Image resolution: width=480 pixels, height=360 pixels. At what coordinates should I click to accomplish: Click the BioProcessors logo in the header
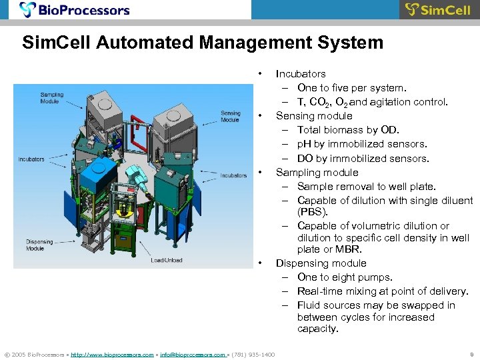point(75,10)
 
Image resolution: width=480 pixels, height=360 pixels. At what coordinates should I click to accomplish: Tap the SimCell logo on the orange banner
point(439,10)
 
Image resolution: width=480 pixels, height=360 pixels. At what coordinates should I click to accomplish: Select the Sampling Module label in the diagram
point(51,97)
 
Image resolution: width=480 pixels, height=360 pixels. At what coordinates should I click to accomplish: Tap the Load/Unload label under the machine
point(166,260)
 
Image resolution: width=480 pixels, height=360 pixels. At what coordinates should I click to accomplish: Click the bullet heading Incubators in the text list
point(301,74)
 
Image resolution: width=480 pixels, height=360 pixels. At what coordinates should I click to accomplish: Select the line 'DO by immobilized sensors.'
point(363,159)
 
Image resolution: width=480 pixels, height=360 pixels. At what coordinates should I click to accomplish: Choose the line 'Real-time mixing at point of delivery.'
point(383,291)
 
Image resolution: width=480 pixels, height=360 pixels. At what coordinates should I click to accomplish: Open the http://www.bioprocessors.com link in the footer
point(111,355)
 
